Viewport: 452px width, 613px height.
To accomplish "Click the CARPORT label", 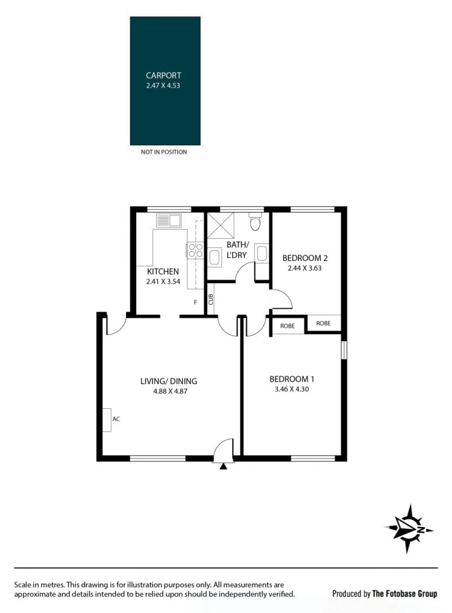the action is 163,75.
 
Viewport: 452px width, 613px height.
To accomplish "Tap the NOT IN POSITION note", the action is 164,152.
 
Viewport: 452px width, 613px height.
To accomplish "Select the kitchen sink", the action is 169,221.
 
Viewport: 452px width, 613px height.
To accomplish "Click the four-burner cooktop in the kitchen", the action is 195,250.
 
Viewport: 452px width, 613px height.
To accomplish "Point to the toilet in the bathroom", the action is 255,222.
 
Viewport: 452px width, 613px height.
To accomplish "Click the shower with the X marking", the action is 221,225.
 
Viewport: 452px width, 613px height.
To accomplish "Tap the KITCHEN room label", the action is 163,271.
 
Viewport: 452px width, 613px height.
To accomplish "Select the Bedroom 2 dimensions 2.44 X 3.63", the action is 305,268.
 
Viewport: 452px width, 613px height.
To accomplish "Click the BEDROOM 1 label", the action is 292,379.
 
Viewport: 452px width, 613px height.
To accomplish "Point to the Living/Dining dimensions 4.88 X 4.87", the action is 170,391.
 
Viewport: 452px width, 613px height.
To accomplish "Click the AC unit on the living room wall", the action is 107,420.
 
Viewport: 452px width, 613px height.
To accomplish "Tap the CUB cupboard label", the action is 211,300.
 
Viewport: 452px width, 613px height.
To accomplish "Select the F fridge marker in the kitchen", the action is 195,302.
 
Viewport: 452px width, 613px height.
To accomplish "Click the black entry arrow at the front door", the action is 223,466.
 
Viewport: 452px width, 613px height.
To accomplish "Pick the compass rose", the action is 408,529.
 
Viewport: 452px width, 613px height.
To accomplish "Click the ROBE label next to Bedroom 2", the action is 324,323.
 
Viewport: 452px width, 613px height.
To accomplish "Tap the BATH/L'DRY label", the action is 237,250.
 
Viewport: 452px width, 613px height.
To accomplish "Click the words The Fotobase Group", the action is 405,594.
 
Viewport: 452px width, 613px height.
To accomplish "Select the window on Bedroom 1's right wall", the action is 344,350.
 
